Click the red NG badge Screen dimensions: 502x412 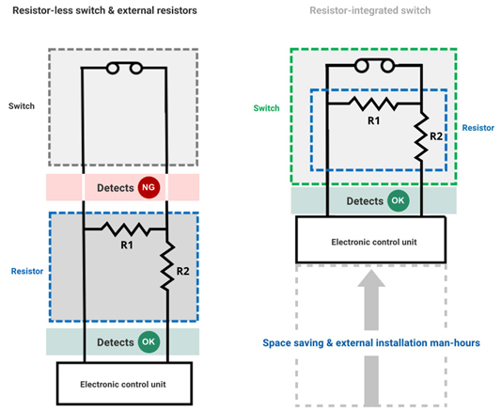[x=149, y=187]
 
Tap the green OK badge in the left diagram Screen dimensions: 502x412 [x=149, y=341]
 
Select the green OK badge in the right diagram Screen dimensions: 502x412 [x=398, y=200]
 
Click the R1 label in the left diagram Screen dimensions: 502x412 [x=127, y=246]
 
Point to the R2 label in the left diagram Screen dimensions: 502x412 [x=182, y=271]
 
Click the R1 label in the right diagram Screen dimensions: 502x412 [x=373, y=120]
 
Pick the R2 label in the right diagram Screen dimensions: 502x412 [x=436, y=136]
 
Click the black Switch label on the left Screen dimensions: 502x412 [x=22, y=106]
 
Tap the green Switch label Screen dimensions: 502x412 [x=266, y=108]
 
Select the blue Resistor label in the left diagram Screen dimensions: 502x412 [x=27, y=271]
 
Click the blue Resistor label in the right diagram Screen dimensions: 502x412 [x=478, y=128]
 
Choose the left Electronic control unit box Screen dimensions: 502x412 [x=124, y=384]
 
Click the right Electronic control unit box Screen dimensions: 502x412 [x=370, y=240]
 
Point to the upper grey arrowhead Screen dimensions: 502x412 [x=371, y=278]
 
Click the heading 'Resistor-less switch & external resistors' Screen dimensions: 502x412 [x=104, y=10]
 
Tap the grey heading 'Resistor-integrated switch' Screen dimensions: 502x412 [x=370, y=10]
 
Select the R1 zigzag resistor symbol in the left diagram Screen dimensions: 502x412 [x=125, y=230]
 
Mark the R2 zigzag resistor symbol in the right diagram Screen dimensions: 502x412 [x=421, y=136]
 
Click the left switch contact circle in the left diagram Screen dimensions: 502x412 [x=113, y=69]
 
